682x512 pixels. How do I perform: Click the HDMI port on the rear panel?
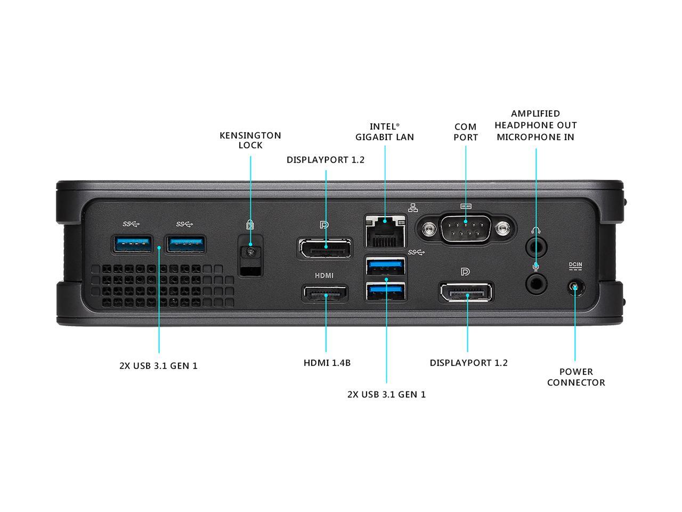point(325,294)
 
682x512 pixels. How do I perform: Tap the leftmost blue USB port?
point(132,244)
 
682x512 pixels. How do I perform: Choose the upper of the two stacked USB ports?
point(385,265)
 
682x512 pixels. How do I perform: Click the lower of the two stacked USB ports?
point(385,291)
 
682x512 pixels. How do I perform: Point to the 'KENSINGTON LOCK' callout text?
point(250,140)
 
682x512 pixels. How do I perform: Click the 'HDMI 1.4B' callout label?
point(327,363)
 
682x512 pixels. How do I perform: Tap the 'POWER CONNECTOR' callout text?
point(576,377)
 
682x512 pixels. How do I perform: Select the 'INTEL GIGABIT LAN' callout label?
point(385,132)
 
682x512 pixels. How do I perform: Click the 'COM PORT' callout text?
point(466,132)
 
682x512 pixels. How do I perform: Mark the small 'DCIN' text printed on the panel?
point(575,265)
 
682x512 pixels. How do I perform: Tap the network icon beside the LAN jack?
point(413,208)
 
